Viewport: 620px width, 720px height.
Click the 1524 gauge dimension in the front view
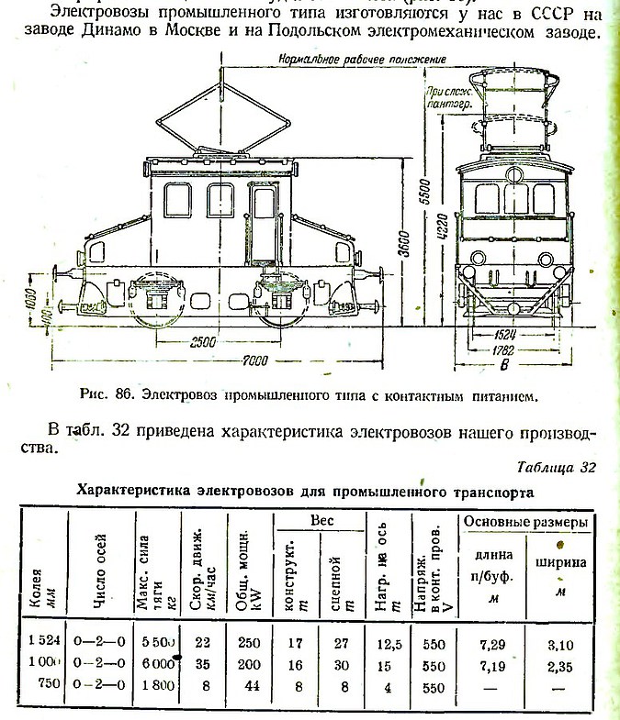click(x=502, y=335)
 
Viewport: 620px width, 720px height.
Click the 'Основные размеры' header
click(x=525, y=521)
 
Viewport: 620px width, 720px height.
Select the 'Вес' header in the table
click(x=321, y=519)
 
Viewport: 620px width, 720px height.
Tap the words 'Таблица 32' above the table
click(x=557, y=468)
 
